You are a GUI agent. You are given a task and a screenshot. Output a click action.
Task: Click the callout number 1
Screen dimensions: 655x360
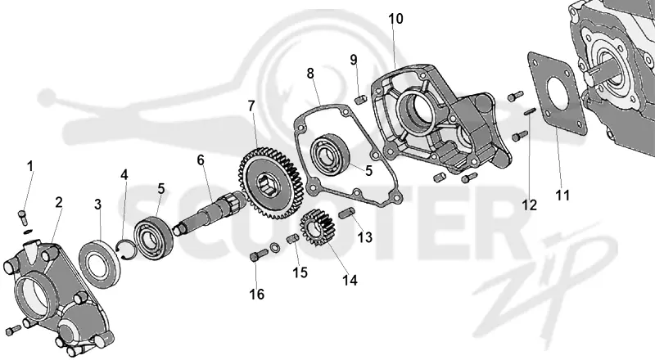tap(29, 166)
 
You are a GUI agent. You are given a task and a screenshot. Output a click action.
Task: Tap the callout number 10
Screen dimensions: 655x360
tap(395, 19)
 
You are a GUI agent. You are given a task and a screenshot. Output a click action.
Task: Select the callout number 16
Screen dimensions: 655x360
tap(257, 294)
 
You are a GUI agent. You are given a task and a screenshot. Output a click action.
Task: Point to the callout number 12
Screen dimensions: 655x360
tap(529, 205)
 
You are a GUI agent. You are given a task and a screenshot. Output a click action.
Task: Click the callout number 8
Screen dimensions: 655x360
tap(310, 74)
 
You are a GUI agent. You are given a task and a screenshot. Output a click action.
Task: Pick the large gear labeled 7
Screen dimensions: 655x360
tap(271, 182)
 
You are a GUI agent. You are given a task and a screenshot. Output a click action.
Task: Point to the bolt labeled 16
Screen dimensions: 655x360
tap(259, 254)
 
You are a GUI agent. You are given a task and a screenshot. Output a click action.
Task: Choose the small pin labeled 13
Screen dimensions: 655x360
tap(347, 213)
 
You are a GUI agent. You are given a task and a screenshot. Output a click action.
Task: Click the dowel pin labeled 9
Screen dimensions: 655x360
tap(360, 101)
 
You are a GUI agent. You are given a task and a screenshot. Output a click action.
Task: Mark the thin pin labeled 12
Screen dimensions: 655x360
tap(530, 112)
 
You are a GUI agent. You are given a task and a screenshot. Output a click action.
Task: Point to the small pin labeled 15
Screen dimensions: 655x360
tap(292, 239)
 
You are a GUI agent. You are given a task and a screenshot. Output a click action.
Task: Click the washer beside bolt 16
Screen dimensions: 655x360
tap(274, 247)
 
